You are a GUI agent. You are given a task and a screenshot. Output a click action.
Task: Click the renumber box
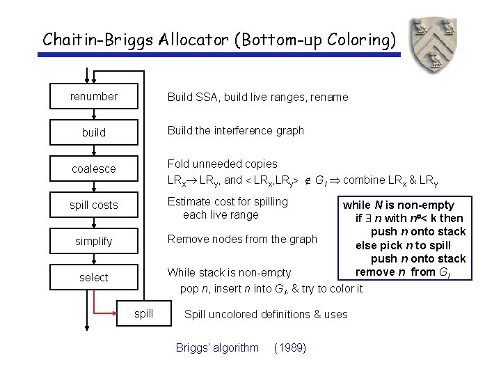tap(94, 97)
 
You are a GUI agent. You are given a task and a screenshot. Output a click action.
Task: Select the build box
tap(94, 132)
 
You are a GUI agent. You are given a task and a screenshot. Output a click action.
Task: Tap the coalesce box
tap(94, 169)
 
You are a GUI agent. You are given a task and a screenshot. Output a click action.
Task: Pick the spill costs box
tap(94, 205)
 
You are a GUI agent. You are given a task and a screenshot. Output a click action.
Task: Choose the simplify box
tap(94, 241)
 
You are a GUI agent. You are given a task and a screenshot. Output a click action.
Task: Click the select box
tap(94, 277)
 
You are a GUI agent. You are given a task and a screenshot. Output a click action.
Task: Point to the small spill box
tap(144, 313)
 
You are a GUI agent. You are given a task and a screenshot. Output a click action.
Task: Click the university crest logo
tap(432, 45)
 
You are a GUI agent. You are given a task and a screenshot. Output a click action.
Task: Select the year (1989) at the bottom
tap(290, 347)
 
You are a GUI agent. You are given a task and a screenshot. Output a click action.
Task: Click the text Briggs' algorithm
tap(217, 347)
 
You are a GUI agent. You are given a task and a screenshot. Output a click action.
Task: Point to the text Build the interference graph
tap(235, 130)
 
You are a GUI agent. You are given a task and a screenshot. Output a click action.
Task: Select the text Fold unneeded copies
tap(223, 164)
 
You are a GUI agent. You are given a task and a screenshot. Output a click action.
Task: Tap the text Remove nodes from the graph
tap(242, 239)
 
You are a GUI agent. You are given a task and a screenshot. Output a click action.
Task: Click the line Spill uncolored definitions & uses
tap(266, 314)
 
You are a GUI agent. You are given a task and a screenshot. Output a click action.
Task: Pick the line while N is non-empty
tap(398, 205)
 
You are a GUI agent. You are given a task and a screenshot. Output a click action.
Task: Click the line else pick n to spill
tap(403, 245)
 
